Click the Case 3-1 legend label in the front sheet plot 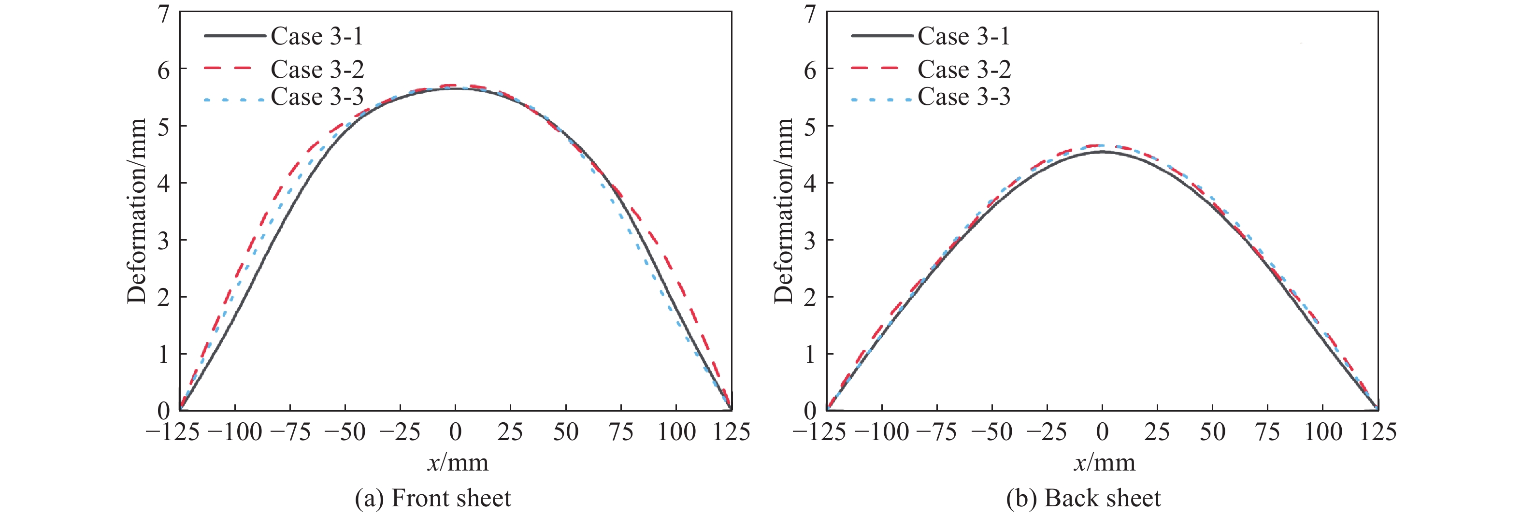316,37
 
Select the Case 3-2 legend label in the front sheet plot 316,70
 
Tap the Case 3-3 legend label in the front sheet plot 316,97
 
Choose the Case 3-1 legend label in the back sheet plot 963,37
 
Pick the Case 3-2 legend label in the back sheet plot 963,70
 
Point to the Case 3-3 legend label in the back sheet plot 963,97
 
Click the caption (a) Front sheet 432,499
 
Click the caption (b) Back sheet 1083,499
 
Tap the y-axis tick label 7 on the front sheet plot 164,14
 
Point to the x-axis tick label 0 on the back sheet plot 1102,432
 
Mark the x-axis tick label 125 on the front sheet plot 732,432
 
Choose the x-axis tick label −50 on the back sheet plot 992,432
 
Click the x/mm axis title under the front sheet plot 458,462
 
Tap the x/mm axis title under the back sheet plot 1104,462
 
